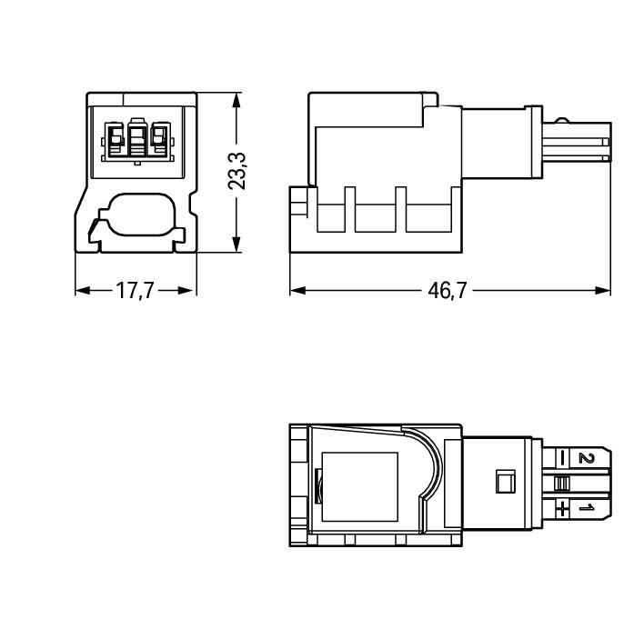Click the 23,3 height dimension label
[236, 172]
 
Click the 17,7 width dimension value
[135, 291]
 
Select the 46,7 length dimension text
[447, 291]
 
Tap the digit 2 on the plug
[587, 458]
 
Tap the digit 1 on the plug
[587, 508]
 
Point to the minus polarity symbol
[562, 458]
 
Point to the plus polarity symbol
[562, 508]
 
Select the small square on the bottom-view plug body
[505, 481]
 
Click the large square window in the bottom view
[359, 486]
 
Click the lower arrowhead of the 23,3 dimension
[236, 245]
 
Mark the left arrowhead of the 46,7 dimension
[297, 291]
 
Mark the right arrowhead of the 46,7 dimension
[602, 291]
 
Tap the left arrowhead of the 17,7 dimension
[83, 291]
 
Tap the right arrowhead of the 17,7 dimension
[188, 291]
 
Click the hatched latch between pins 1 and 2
[561, 484]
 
